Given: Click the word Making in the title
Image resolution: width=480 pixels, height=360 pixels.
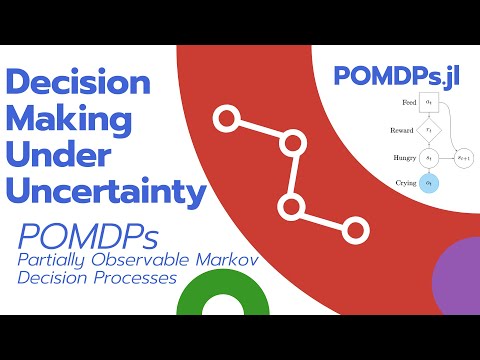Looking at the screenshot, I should (69, 120).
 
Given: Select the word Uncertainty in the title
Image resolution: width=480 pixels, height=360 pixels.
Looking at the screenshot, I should (105, 189).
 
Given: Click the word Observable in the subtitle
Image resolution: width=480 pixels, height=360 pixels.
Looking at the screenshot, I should (151, 259).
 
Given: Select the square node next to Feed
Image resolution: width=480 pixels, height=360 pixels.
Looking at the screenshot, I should (428, 102).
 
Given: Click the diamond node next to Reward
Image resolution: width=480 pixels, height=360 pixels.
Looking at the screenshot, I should (428, 130).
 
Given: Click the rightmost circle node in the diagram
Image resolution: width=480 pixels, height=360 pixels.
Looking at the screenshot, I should (462, 158).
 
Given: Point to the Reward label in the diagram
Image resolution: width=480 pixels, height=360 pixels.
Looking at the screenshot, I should (402, 130).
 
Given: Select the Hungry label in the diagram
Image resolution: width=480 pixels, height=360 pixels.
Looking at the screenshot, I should (402, 158).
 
